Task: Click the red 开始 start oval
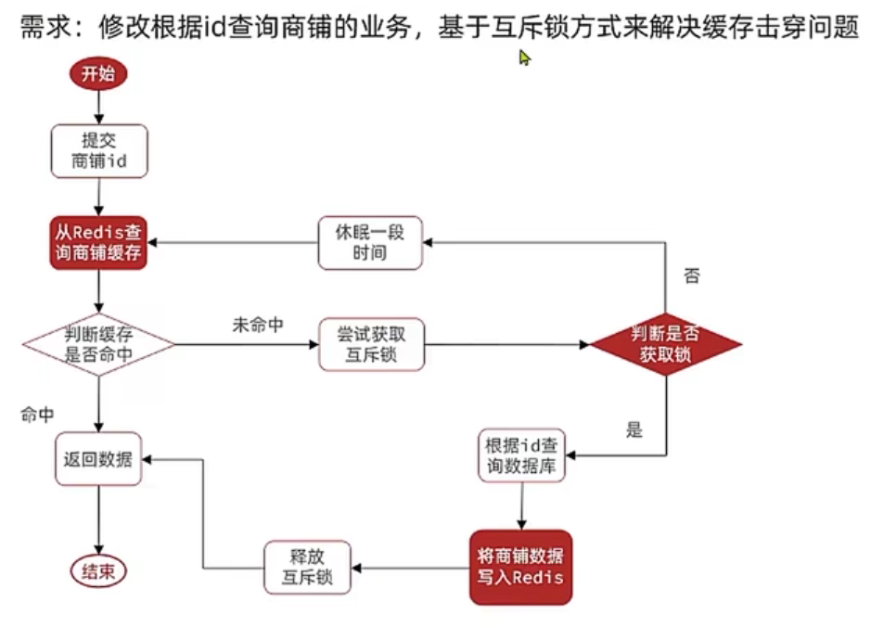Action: point(97,75)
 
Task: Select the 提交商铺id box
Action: point(98,151)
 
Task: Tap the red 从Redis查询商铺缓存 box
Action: point(98,242)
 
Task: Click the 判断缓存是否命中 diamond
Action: point(98,344)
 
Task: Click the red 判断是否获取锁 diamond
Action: point(666,344)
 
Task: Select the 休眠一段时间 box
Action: point(369,242)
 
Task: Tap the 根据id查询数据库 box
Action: point(521,455)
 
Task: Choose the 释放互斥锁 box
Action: point(309,567)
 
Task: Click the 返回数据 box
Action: point(98,458)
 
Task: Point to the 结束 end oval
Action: point(98,569)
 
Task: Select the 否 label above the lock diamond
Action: point(691,275)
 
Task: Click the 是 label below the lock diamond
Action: point(634,429)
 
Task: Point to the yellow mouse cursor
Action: point(524,58)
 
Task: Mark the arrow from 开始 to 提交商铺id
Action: point(97,108)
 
